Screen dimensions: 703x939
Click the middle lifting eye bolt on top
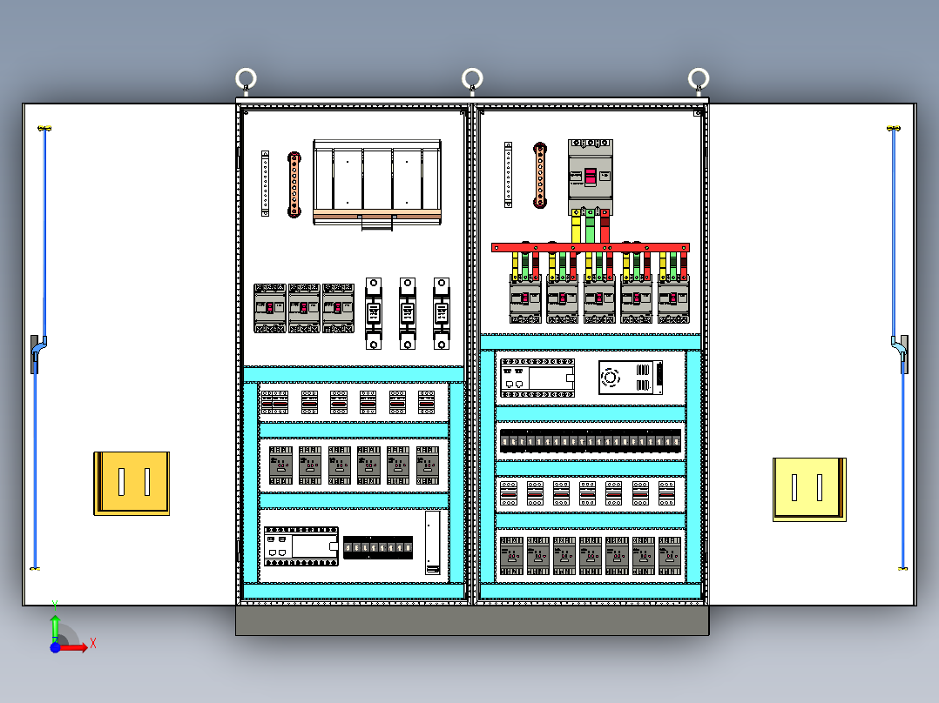[x=472, y=81]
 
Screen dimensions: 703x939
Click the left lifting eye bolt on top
[x=247, y=81]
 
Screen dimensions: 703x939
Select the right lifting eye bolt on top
[x=698, y=81]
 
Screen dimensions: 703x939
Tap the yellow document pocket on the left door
[x=132, y=482]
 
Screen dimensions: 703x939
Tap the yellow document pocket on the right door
[x=809, y=489]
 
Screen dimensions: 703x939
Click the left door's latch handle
[x=38, y=352]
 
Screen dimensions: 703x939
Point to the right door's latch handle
[x=900, y=352]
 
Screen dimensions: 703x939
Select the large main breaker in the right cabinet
[x=591, y=177]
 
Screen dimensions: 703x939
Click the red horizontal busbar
[x=590, y=248]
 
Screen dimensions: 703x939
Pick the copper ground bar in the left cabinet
[x=294, y=184]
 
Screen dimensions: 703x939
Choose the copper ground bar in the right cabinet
[x=540, y=176]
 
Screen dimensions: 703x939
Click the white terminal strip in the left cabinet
[x=266, y=183]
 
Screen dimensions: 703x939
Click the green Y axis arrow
[x=55, y=623]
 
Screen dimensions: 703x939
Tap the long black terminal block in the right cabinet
[x=591, y=441]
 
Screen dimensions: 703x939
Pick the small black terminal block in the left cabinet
[x=378, y=547]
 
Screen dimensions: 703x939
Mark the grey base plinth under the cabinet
[x=472, y=619]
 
